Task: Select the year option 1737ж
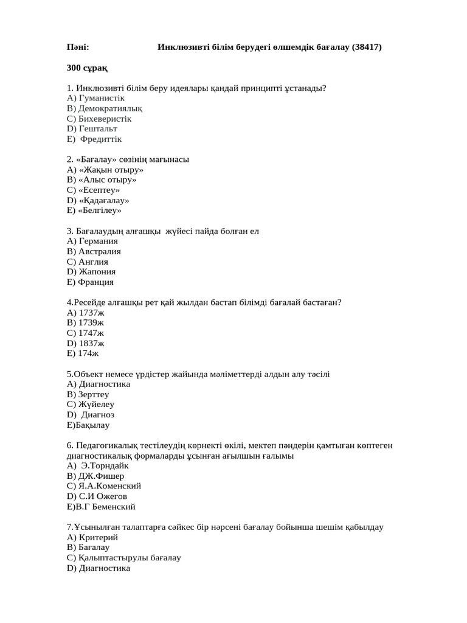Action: tap(92, 313)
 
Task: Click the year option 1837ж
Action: tap(92, 343)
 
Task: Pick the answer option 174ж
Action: tap(89, 353)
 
